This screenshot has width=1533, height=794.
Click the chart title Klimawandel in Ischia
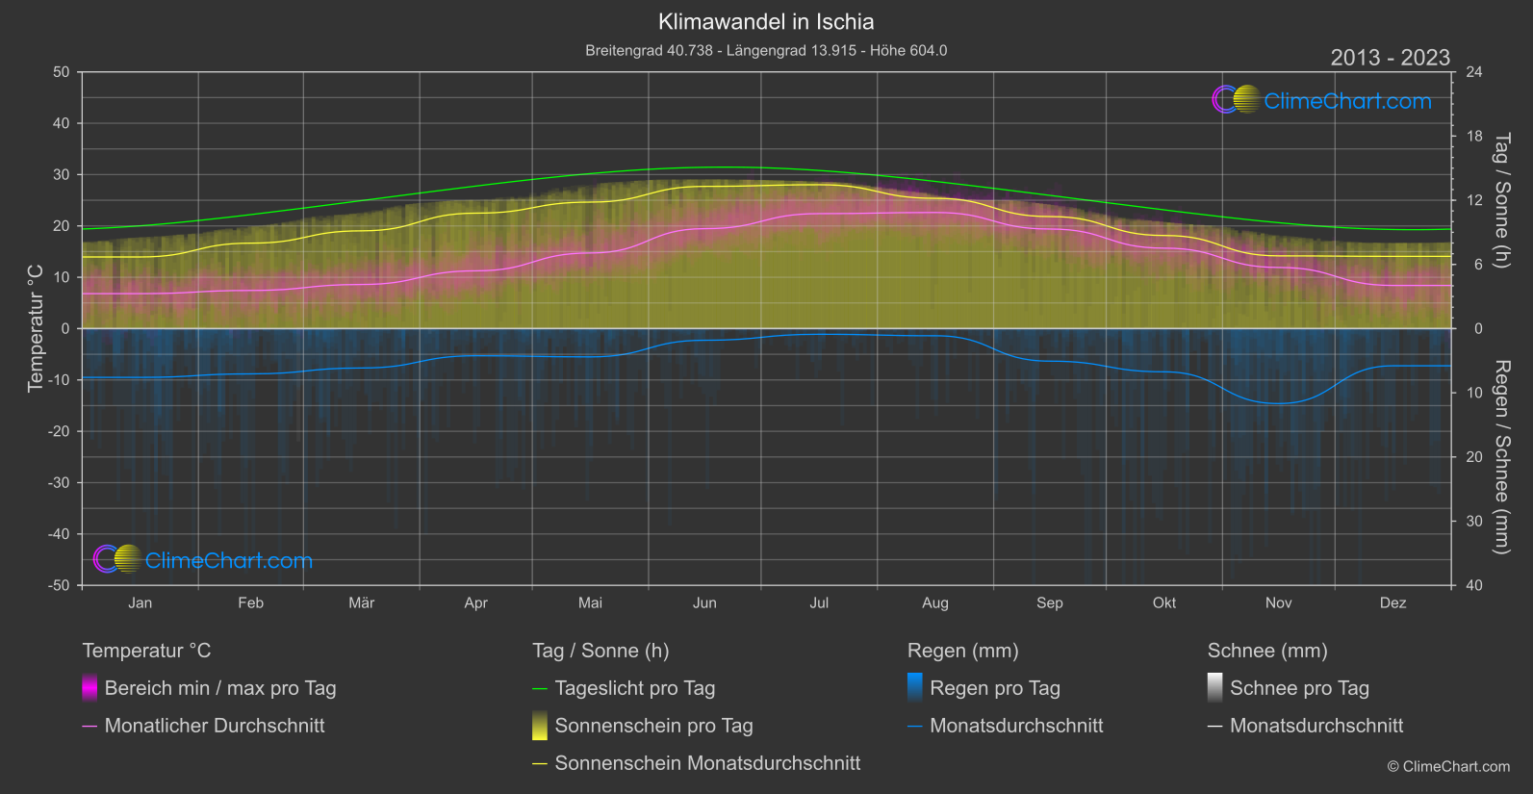[x=766, y=22]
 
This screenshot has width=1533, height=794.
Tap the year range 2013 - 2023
[x=1390, y=58]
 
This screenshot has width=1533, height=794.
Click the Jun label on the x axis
[x=704, y=603]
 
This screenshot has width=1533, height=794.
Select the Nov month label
[x=1278, y=603]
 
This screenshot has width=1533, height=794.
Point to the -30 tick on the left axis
[x=60, y=483]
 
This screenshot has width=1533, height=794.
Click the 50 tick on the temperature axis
[x=62, y=72]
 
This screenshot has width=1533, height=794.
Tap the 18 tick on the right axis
[x=1474, y=137]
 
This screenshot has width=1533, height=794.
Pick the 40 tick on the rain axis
[x=1474, y=585]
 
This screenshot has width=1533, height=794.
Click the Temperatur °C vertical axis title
[x=36, y=328]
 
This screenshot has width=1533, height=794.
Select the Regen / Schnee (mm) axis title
[x=1501, y=457]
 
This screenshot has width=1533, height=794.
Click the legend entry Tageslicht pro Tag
[x=634, y=688]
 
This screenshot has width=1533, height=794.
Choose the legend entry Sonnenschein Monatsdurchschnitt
[x=707, y=763]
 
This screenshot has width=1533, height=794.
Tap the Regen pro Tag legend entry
[x=994, y=688]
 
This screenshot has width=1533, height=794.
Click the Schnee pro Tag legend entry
[x=1299, y=688]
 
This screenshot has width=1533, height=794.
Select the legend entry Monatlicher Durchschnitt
[x=214, y=726]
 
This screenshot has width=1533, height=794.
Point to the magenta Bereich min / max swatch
[x=89, y=688]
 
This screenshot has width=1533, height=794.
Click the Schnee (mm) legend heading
[x=1267, y=651]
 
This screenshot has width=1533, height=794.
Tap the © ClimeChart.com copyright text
[x=1448, y=767]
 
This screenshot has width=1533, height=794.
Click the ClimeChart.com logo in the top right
[x=1322, y=100]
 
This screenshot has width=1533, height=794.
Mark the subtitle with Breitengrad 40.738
[x=766, y=50]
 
